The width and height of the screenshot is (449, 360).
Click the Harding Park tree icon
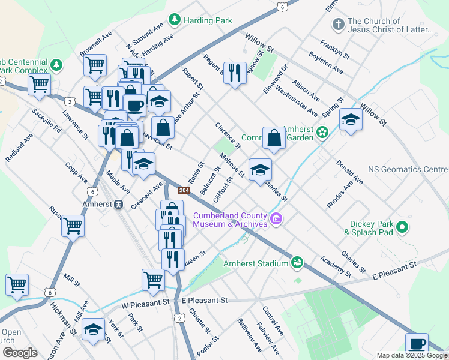175,20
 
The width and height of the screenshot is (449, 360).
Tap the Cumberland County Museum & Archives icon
276,219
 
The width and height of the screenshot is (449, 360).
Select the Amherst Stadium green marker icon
297,263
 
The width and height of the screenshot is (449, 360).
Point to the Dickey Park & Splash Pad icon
402,227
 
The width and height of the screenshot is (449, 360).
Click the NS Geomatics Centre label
408,170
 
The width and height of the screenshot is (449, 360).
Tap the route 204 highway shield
184,191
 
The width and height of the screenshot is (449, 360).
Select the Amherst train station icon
119,205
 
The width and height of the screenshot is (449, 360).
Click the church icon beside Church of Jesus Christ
338,25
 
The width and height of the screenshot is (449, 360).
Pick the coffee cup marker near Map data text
417,344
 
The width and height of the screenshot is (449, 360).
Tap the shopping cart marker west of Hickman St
17,284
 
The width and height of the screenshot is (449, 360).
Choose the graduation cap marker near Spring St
351,119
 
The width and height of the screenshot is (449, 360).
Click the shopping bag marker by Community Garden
274,138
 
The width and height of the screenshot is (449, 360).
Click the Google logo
19,353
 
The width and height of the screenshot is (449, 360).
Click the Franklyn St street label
334,50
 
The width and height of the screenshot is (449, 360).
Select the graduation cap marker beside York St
93,330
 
